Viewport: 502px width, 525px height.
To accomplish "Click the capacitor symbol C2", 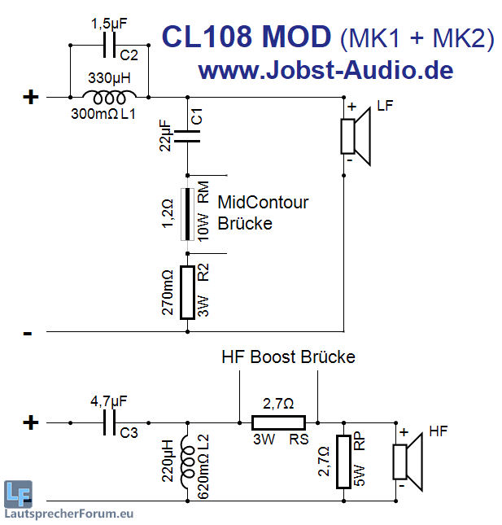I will [109, 47].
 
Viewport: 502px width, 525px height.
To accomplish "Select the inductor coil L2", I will [188, 460].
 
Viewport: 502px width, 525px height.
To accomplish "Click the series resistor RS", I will [278, 422].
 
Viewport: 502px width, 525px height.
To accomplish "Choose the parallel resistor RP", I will [344, 460].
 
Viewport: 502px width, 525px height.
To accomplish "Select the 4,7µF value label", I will [108, 400].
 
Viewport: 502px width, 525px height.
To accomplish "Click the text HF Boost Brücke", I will [288, 357].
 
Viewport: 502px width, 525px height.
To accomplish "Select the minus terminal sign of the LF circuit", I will [28, 332].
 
